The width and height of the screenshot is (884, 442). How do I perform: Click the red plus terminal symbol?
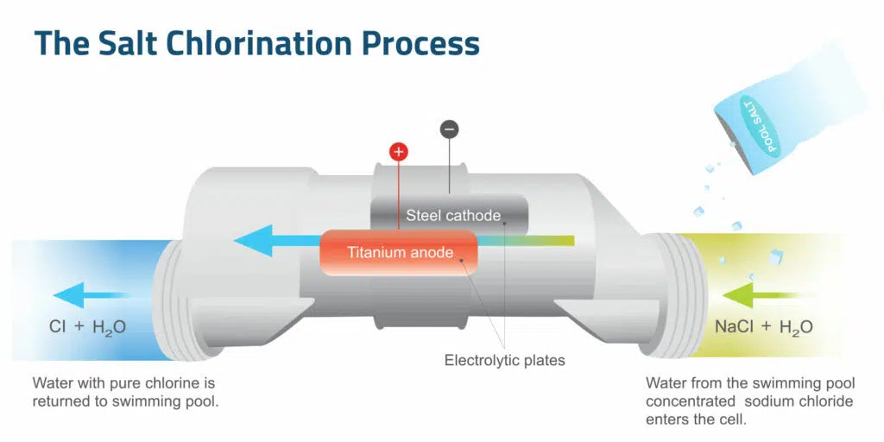click(x=398, y=152)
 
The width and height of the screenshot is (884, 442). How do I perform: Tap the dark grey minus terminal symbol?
click(x=449, y=129)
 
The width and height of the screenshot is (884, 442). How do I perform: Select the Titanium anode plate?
click(x=399, y=253)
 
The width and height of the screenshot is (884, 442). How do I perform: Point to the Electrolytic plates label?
click(x=504, y=360)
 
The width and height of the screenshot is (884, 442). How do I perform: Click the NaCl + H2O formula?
click(x=763, y=327)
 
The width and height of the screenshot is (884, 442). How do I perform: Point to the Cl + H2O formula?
click(x=87, y=327)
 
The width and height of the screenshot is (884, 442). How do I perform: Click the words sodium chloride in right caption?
click(x=800, y=401)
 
